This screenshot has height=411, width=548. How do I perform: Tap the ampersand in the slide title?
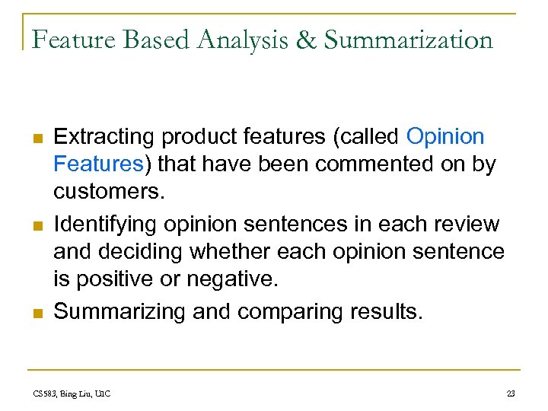tap(306, 38)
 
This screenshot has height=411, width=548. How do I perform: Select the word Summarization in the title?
tap(409, 38)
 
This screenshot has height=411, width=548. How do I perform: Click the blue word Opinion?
tap(445, 137)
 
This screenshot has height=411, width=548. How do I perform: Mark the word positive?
tap(107, 278)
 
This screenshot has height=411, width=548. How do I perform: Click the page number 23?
tap(511, 393)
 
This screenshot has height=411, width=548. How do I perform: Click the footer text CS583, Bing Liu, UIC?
tap(72, 393)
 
